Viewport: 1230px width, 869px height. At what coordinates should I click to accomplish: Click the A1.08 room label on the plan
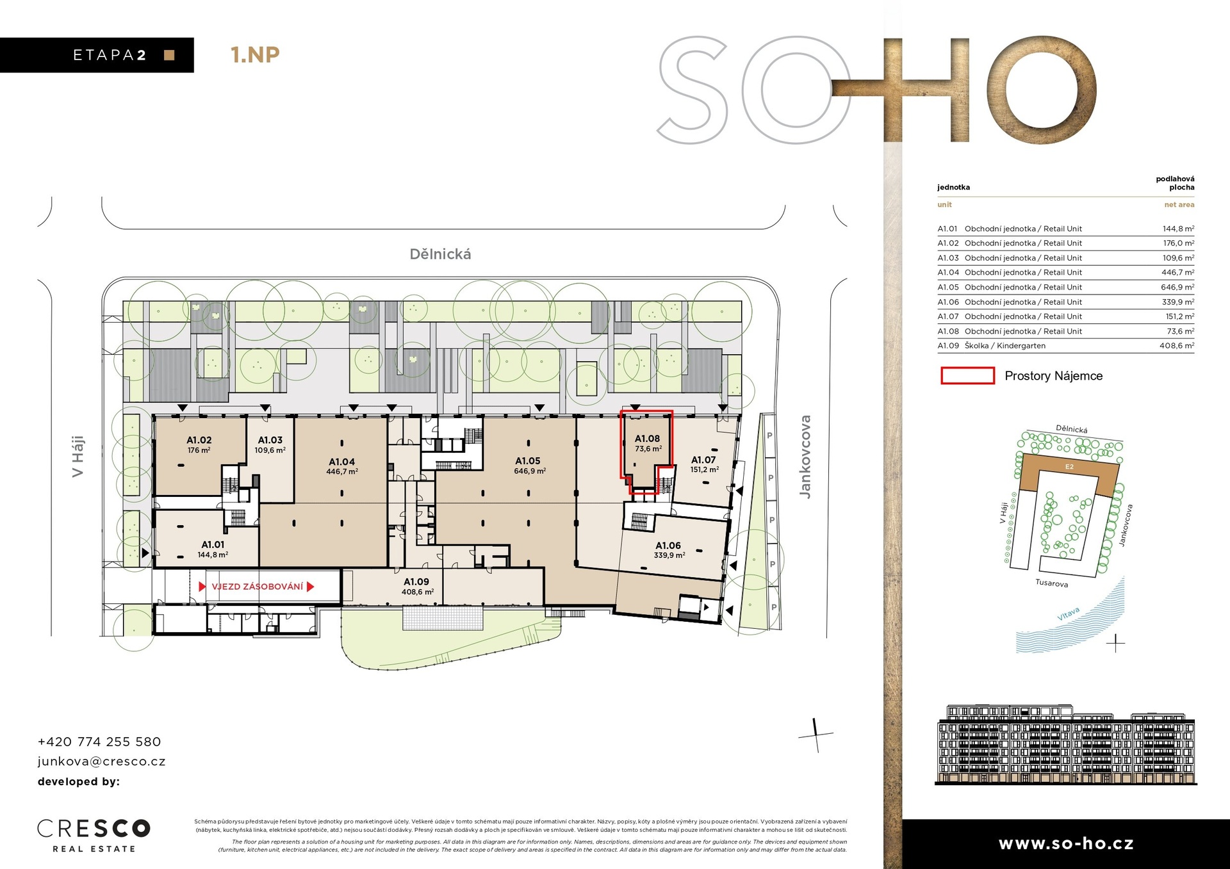click(647, 439)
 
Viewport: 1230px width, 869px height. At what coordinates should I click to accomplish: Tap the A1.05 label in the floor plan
click(528, 460)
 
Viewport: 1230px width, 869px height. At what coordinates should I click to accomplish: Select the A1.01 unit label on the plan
click(213, 544)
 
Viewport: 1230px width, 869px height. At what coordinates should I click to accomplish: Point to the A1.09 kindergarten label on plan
click(416, 581)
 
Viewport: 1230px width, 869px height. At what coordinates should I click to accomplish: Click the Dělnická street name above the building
click(440, 254)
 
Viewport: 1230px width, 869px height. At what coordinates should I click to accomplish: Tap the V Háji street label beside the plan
click(78, 457)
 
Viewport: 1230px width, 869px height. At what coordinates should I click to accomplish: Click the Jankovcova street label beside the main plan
click(805, 457)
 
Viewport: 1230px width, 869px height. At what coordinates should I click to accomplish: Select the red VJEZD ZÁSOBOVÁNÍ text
click(258, 587)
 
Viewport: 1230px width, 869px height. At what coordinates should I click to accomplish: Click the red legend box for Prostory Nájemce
click(967, 376)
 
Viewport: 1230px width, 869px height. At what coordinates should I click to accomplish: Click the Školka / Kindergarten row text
click(1004, 346)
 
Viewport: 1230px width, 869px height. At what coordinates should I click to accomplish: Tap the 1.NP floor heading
click(255, 55)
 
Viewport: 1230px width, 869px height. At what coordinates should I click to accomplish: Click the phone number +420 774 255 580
click(99, 742)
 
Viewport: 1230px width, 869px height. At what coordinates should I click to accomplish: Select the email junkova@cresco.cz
click(101, 761)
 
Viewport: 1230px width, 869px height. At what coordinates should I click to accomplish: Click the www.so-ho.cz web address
click(1066, 843)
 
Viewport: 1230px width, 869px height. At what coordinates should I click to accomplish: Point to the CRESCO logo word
click(94, 828)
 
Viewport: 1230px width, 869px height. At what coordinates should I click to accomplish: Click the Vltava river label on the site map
click(1068, 614)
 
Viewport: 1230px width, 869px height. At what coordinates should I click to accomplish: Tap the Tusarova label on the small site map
click(1052, 583)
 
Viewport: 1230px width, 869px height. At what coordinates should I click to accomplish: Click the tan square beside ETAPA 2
click(169, 55)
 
